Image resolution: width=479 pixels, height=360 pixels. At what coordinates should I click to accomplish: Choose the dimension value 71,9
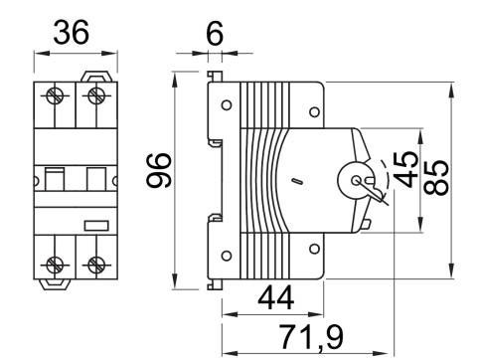[x=308, y=337]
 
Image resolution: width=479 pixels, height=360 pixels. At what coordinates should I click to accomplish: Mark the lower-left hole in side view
[x=228, y=255]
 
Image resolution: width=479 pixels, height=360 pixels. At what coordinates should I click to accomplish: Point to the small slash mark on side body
[x=295, y=182]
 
